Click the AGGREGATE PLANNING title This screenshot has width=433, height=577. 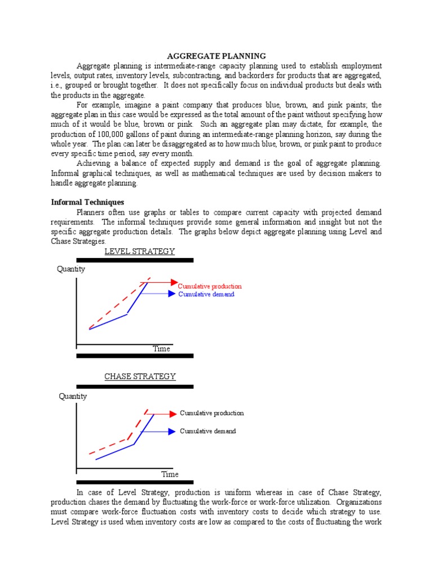click(216, 56)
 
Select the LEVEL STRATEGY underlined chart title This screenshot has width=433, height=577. click(139, 251)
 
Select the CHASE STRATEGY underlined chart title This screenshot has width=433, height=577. click(140, 376)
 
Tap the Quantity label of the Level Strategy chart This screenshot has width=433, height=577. click(71, 269)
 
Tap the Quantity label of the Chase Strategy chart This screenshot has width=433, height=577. click(73, 396)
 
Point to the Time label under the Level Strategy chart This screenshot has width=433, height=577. click(161, 349)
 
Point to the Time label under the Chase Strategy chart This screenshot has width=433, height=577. click(170, 474)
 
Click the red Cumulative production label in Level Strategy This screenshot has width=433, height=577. click(210, 286)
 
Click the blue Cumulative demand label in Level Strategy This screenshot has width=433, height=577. click(206, 294)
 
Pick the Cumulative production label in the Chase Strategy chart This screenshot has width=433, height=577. click(212, 413)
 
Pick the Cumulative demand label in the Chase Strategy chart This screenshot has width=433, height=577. click(208, 431)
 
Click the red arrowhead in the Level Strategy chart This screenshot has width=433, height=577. click(173, 282)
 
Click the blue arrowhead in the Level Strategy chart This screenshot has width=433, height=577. click(172, 294)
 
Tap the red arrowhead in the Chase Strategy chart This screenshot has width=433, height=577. click(173, 414)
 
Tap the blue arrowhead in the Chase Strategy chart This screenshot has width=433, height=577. click(172, 432)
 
